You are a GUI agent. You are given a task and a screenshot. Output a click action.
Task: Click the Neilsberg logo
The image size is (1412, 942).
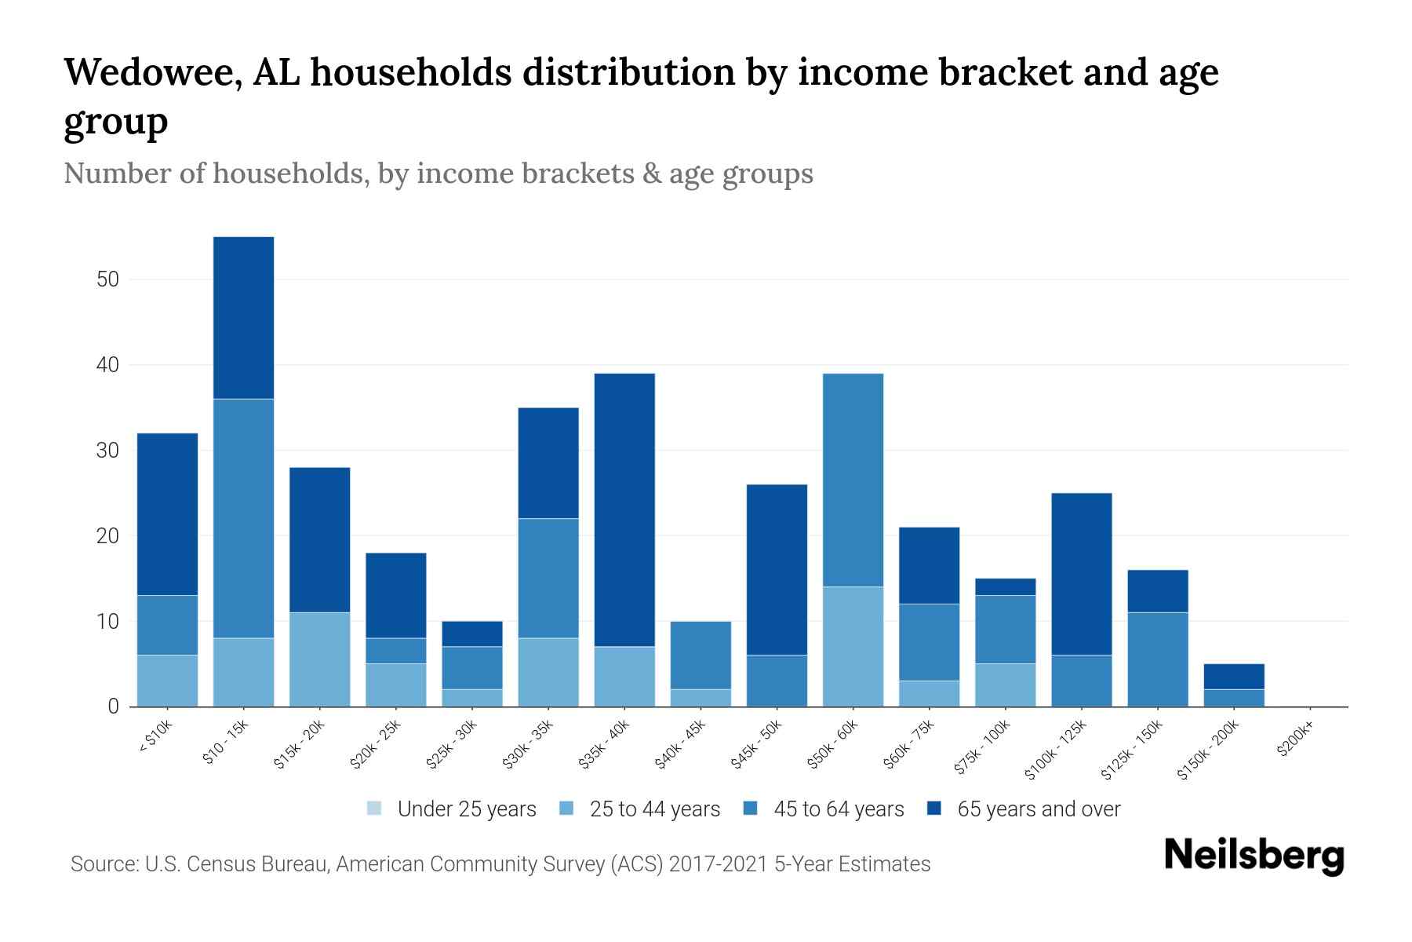pyautogui.click(x=1254, y=856)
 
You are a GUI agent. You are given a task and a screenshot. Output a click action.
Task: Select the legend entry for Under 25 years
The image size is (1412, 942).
pyautogui.click(x=452, y=809)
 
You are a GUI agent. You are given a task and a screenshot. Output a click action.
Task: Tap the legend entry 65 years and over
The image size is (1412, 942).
pyautogui.click(x=1024, y=809)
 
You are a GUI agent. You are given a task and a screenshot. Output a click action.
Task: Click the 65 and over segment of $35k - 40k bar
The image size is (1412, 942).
pyautogui.click(x=624, y=510)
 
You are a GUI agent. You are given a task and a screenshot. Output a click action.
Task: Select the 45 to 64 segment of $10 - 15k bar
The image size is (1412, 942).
pyautogui.click(x=243, y=518)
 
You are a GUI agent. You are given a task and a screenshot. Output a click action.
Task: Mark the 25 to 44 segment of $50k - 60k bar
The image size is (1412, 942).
pyautogui.click(x=853, y=646)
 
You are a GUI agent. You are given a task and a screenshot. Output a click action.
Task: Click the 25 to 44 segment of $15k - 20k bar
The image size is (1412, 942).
pyautogui.click(x=319, y=659)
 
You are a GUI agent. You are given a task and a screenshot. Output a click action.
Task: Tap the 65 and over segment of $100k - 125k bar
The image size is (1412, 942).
pyautogui.click(x=1081, y=574)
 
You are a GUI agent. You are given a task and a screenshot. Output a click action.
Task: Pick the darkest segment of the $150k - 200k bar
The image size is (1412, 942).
pyautogui.click(x=1233, y=676)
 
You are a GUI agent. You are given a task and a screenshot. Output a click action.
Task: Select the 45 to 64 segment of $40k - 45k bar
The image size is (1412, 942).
pyautogui.click(x=701, y=655)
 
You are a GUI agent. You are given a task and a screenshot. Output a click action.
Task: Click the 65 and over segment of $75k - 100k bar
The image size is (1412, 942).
pyautogui.click(x=1005, y=586)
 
